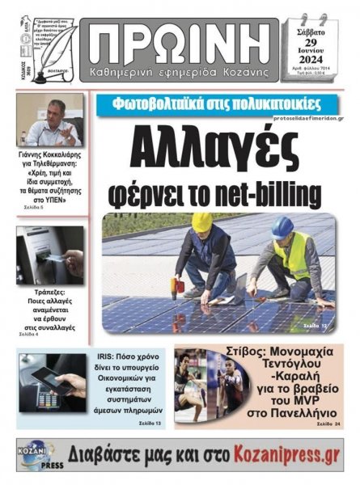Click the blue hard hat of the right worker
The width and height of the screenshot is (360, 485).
[282, 227]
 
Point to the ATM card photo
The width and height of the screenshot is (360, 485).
[49, 255]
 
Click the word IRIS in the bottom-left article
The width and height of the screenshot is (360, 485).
[104, 353]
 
